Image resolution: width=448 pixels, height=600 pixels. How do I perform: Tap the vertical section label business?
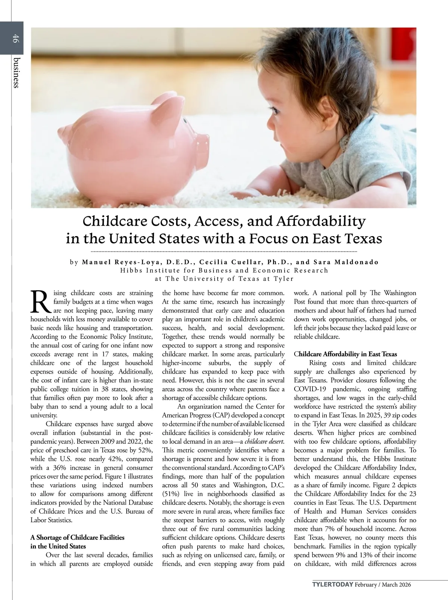(15, 72)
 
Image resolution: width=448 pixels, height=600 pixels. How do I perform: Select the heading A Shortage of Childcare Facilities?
(77, 538)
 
